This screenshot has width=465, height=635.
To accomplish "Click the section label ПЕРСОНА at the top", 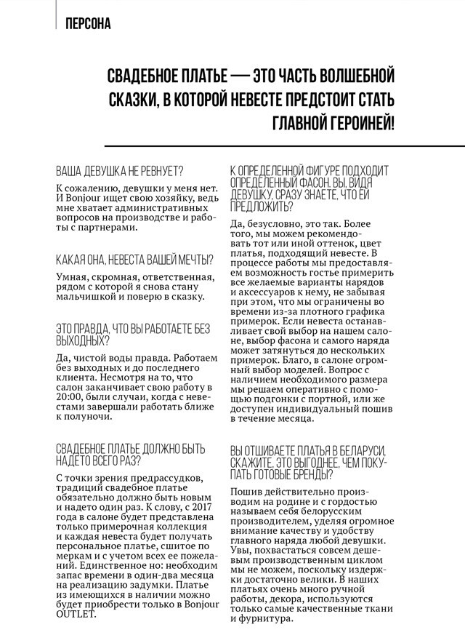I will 87,24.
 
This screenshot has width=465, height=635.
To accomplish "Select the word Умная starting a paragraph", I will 72,276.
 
